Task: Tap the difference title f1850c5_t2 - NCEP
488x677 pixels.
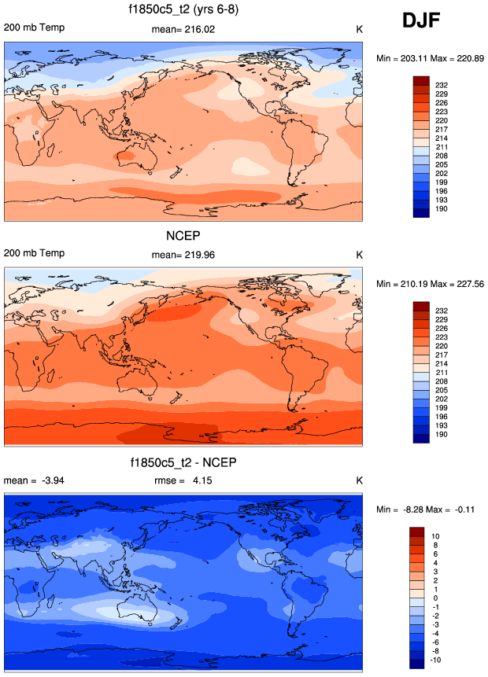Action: click(183, 462)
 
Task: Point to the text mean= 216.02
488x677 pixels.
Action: click(183, 29)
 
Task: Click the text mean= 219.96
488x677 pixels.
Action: click(183, 255)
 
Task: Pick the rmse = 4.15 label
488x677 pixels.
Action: click(183, 480)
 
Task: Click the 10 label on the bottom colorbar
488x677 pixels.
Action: click(438, 535)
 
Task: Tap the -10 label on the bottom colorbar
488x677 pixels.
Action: click(439, 661)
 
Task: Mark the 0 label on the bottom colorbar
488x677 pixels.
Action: click(436, 598)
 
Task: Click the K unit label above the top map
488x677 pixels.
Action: click(359, 29)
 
